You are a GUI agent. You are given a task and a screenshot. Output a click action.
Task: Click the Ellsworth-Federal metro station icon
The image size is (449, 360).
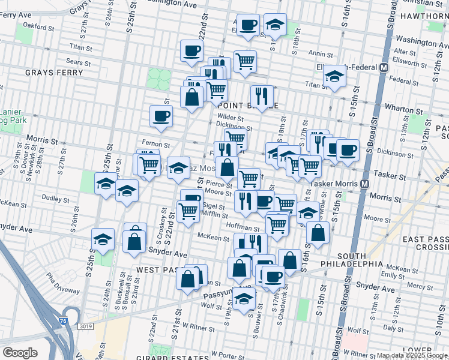[383, 68]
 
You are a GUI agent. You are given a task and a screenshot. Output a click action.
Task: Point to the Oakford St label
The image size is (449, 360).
[38, 26]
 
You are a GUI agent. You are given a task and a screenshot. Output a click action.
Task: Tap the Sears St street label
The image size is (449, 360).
[78, 62]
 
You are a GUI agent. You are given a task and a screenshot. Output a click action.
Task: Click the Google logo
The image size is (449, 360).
[20, 353]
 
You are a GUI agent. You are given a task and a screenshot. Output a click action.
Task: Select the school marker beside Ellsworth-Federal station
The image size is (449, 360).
[334, 76]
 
